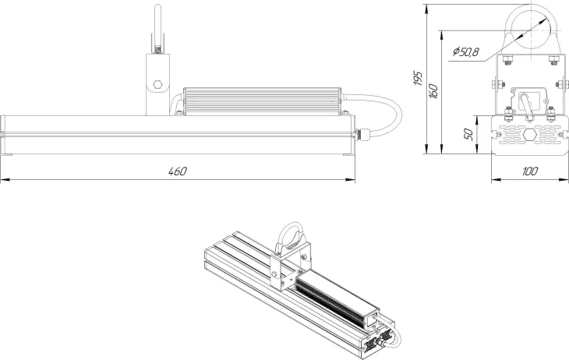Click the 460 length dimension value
click(x=178, y=171)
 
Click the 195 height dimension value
click(x=418, y=79)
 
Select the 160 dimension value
click(x=433, y=90)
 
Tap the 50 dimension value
click(x=469, y=134)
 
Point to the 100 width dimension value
click(x=530, y=171)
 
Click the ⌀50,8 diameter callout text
click(x=465, y=52)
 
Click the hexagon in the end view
click(x=529, y=135)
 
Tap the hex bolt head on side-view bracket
click(x=157, y=85)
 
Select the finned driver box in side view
click(x=263, y=101)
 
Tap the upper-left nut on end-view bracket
click(x=507, y=60)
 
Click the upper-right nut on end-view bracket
click(x=553, y=60)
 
